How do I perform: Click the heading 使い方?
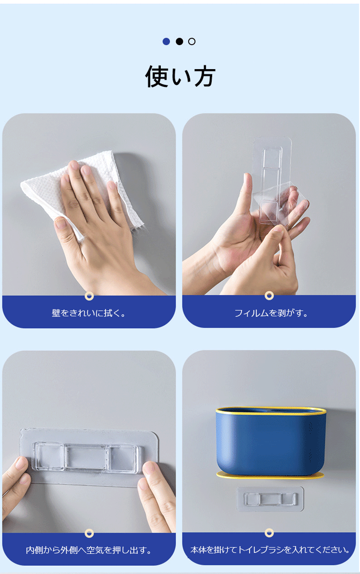point(180,76)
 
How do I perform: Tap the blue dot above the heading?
point(166,41)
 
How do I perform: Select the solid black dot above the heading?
point(179,41)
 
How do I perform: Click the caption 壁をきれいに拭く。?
point(89,313)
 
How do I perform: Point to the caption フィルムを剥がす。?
point(271,313)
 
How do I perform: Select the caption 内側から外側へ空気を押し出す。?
point(89,550)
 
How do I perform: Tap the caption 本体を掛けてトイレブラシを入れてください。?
point(270,550)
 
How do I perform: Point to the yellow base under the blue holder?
point(270,476)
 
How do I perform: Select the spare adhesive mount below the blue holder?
point(270,499)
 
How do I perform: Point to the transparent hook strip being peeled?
point(271,179)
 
